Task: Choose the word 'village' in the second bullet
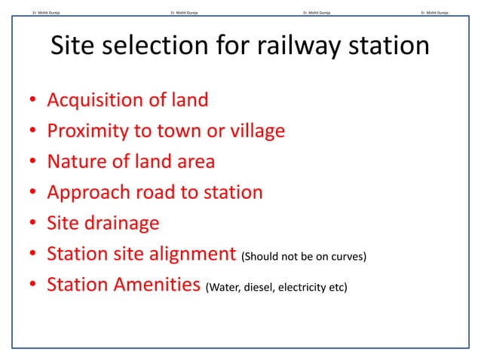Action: (256, 132)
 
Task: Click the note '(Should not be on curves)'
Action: (305, 257)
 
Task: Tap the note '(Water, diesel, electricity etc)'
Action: (276, 287)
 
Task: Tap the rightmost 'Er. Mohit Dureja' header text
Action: (434, 12)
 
